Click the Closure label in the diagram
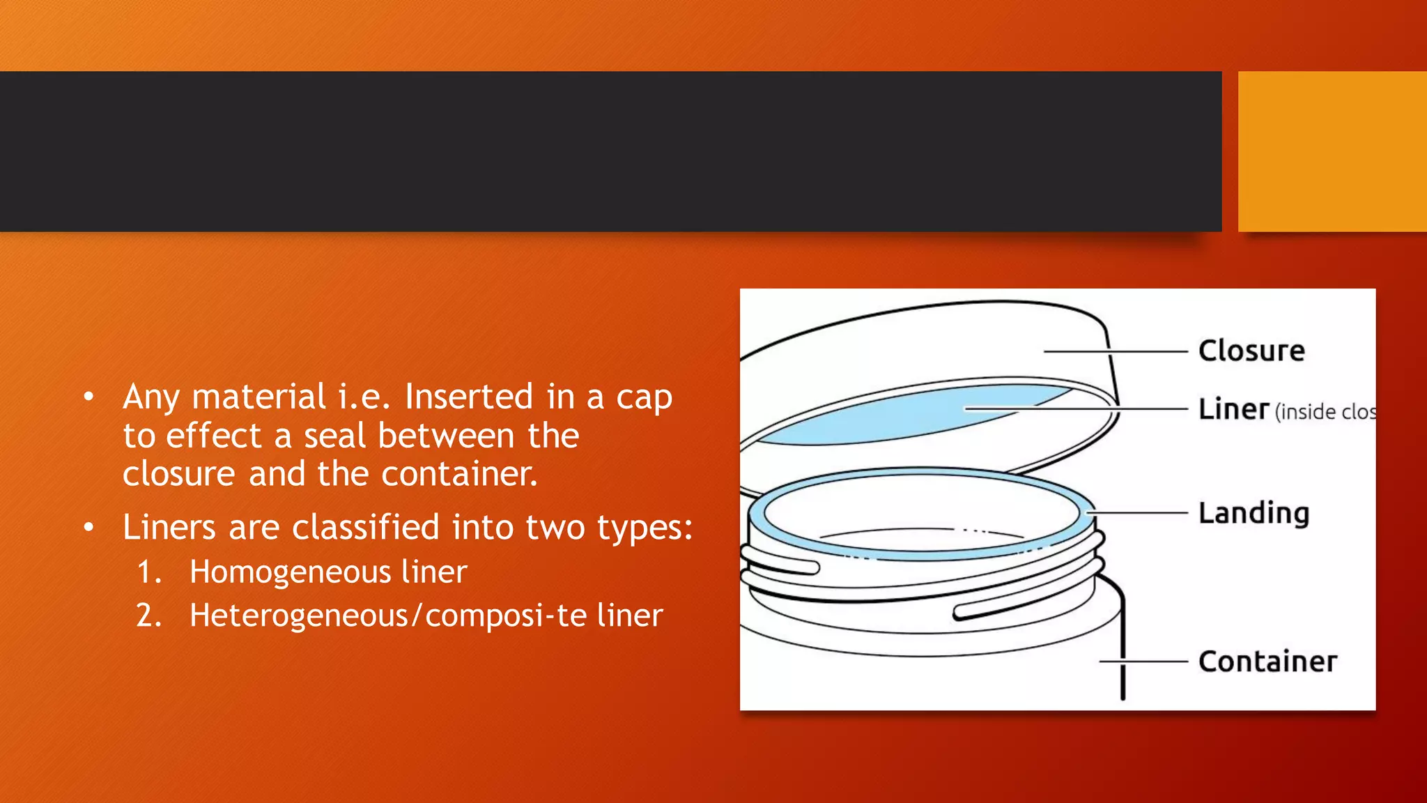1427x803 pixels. point(1251,351)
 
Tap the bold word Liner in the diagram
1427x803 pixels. point(1233,409)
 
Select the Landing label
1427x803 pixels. point(1254,513)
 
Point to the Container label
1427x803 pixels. point(1267,661)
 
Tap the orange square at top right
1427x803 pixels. point(1332,151)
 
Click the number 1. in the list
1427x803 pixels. point(149,572)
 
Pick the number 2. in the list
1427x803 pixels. point(149,615)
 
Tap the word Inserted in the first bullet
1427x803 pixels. point(469,397)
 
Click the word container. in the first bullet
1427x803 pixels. point(459,474)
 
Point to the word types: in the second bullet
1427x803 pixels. point(645,528)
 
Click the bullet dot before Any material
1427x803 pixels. point(88,397)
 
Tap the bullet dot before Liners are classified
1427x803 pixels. point(88,528)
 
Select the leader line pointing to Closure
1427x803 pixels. point(1115,351)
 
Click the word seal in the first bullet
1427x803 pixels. point(334,436)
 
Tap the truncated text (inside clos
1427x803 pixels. point(1325,412)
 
